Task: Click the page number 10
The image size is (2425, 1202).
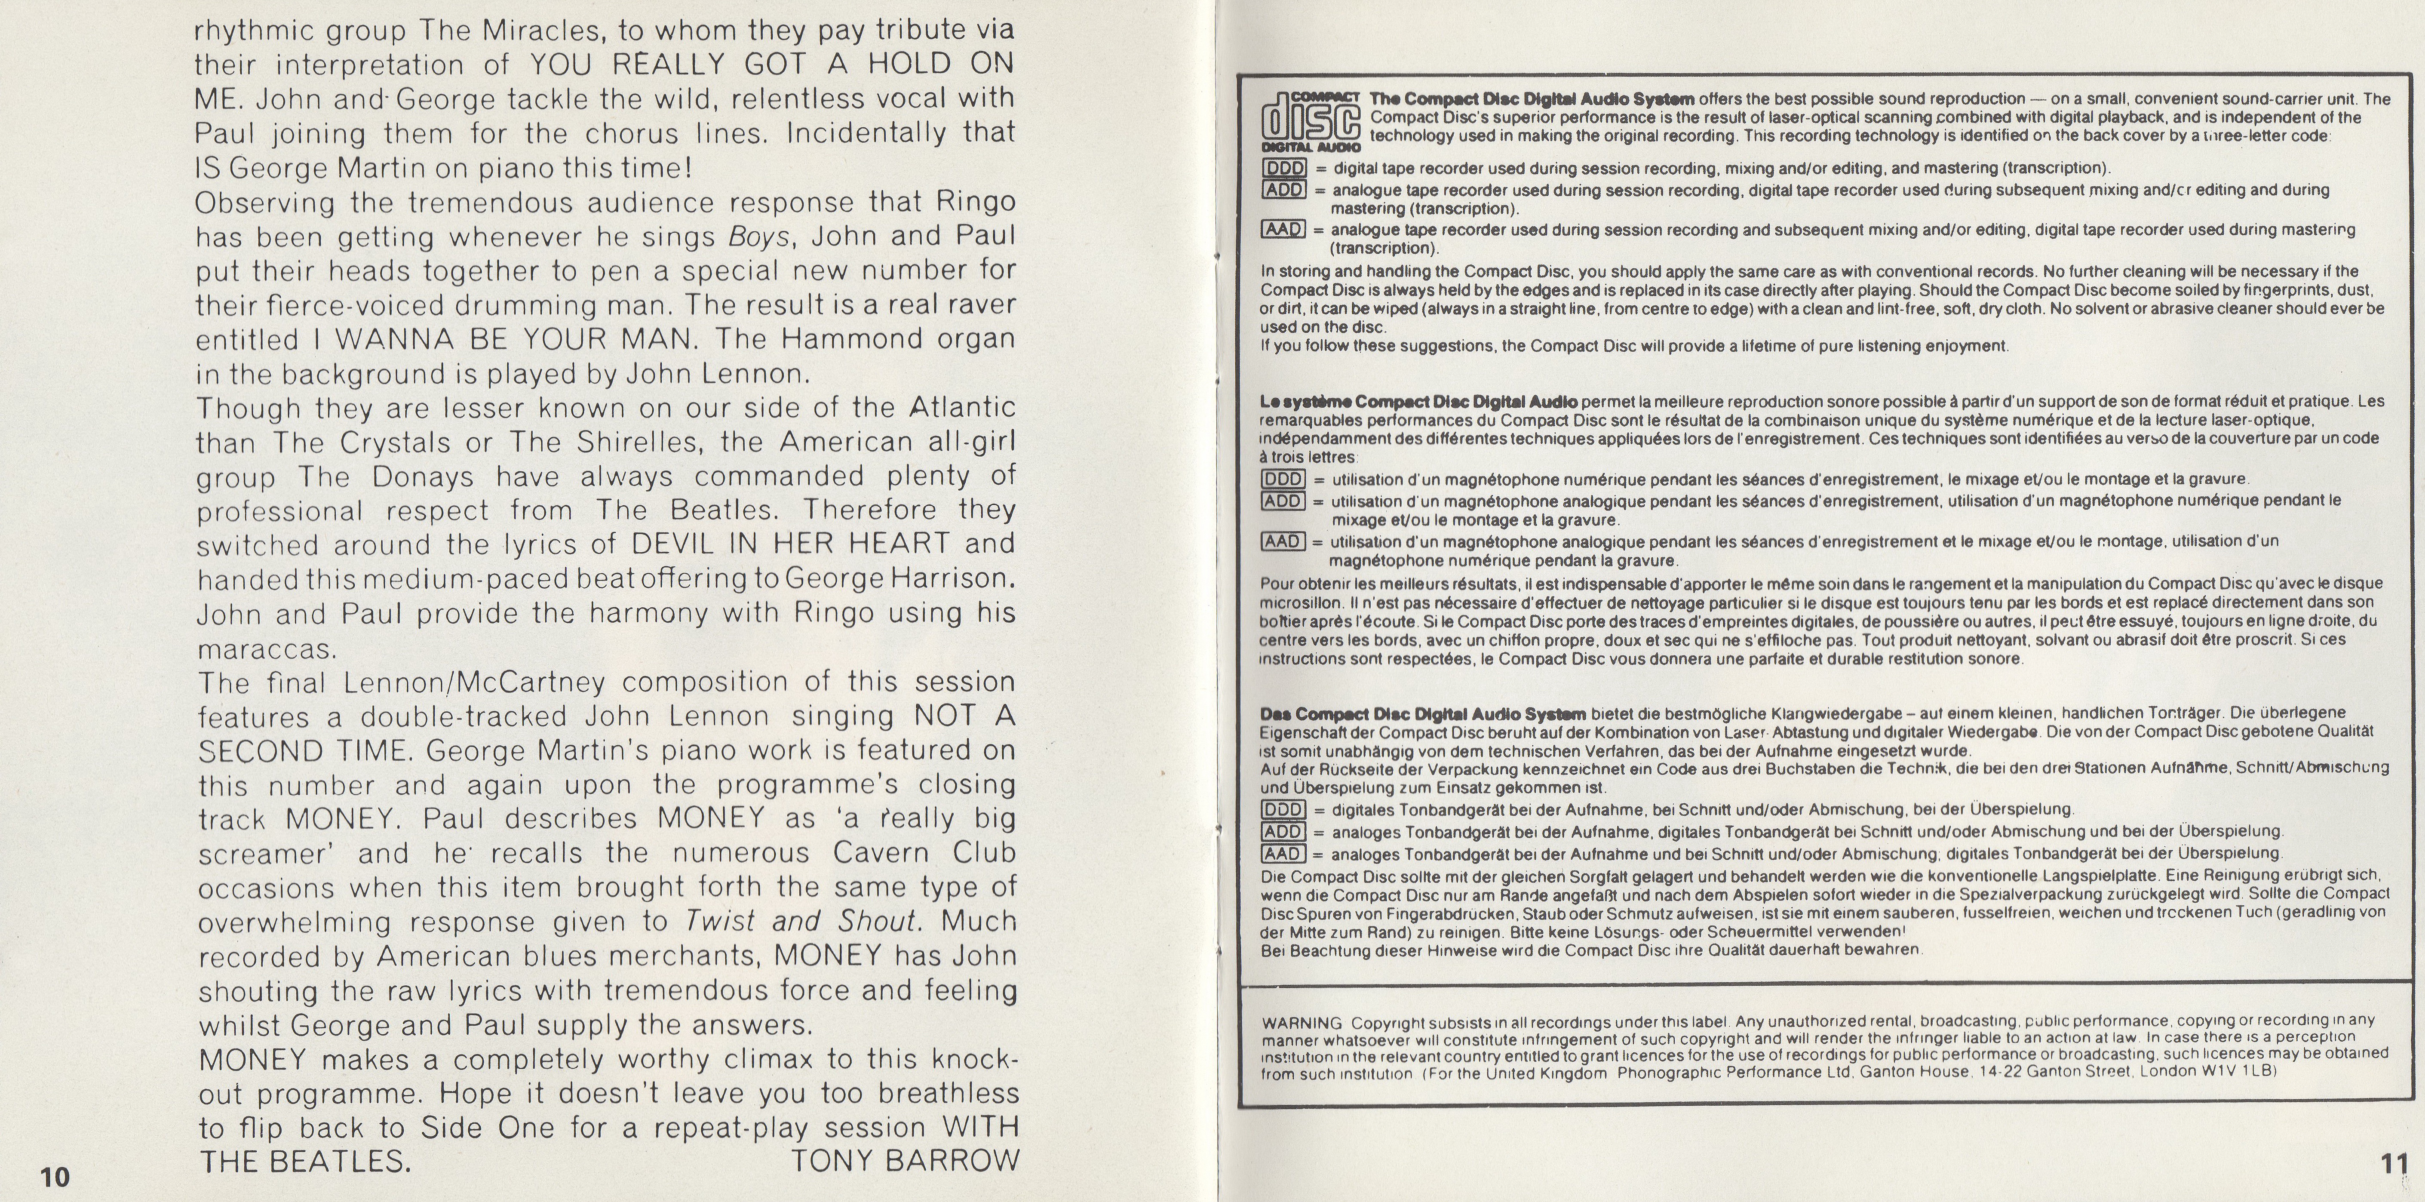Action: coord(55,1177)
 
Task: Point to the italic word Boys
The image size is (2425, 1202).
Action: coord(759,236)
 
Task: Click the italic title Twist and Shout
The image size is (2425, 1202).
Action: coord(800,921)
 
